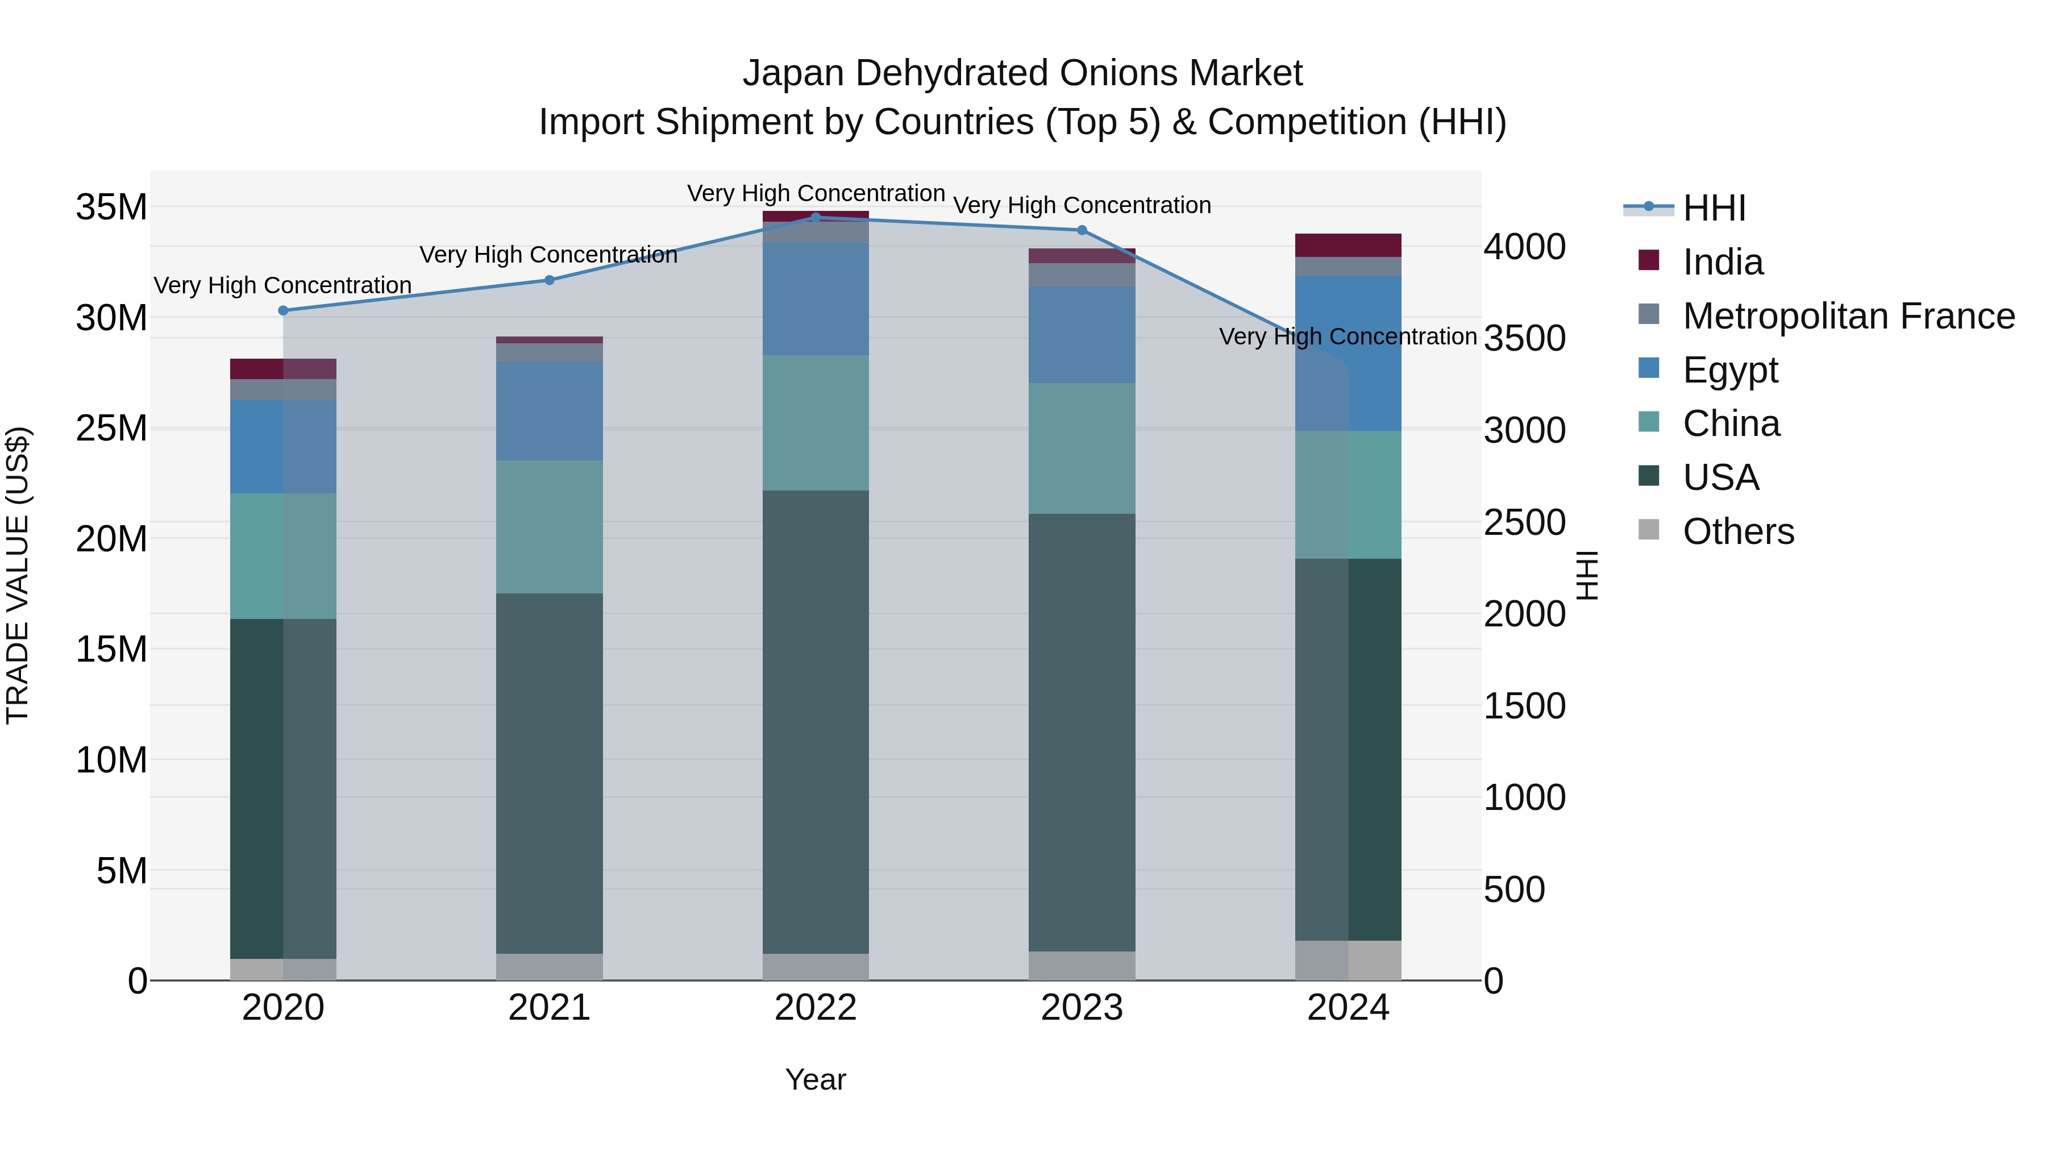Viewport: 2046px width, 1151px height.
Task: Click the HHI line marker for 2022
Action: click(x=815, y=217)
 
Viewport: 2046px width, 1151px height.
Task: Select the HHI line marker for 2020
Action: click(x=283, y=310)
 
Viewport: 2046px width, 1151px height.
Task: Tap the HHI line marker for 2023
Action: click(x=1082, y=230)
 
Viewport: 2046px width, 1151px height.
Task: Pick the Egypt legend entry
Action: click(x=1730, y=370)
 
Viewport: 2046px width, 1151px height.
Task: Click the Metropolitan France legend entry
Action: click(x=1848, y=316)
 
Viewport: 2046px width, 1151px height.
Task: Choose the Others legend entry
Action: click(x=1738, y=531)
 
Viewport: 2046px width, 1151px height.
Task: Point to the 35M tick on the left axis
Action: click(x=111, y=207)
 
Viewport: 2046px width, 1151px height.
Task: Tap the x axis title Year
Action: click(x=815, y=1079)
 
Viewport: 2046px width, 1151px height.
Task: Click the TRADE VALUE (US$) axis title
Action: click(x=18, y=575)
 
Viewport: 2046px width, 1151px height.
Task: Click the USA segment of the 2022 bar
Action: click(x=815, y=721)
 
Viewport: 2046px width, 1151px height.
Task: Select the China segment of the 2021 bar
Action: click(x=549, y=527)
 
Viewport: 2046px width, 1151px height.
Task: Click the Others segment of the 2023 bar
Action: click(x=1082, y=965)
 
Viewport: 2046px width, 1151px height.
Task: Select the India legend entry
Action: click(x=1722, y=262)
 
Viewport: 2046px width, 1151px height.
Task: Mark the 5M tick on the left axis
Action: click(x=122, y=871)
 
